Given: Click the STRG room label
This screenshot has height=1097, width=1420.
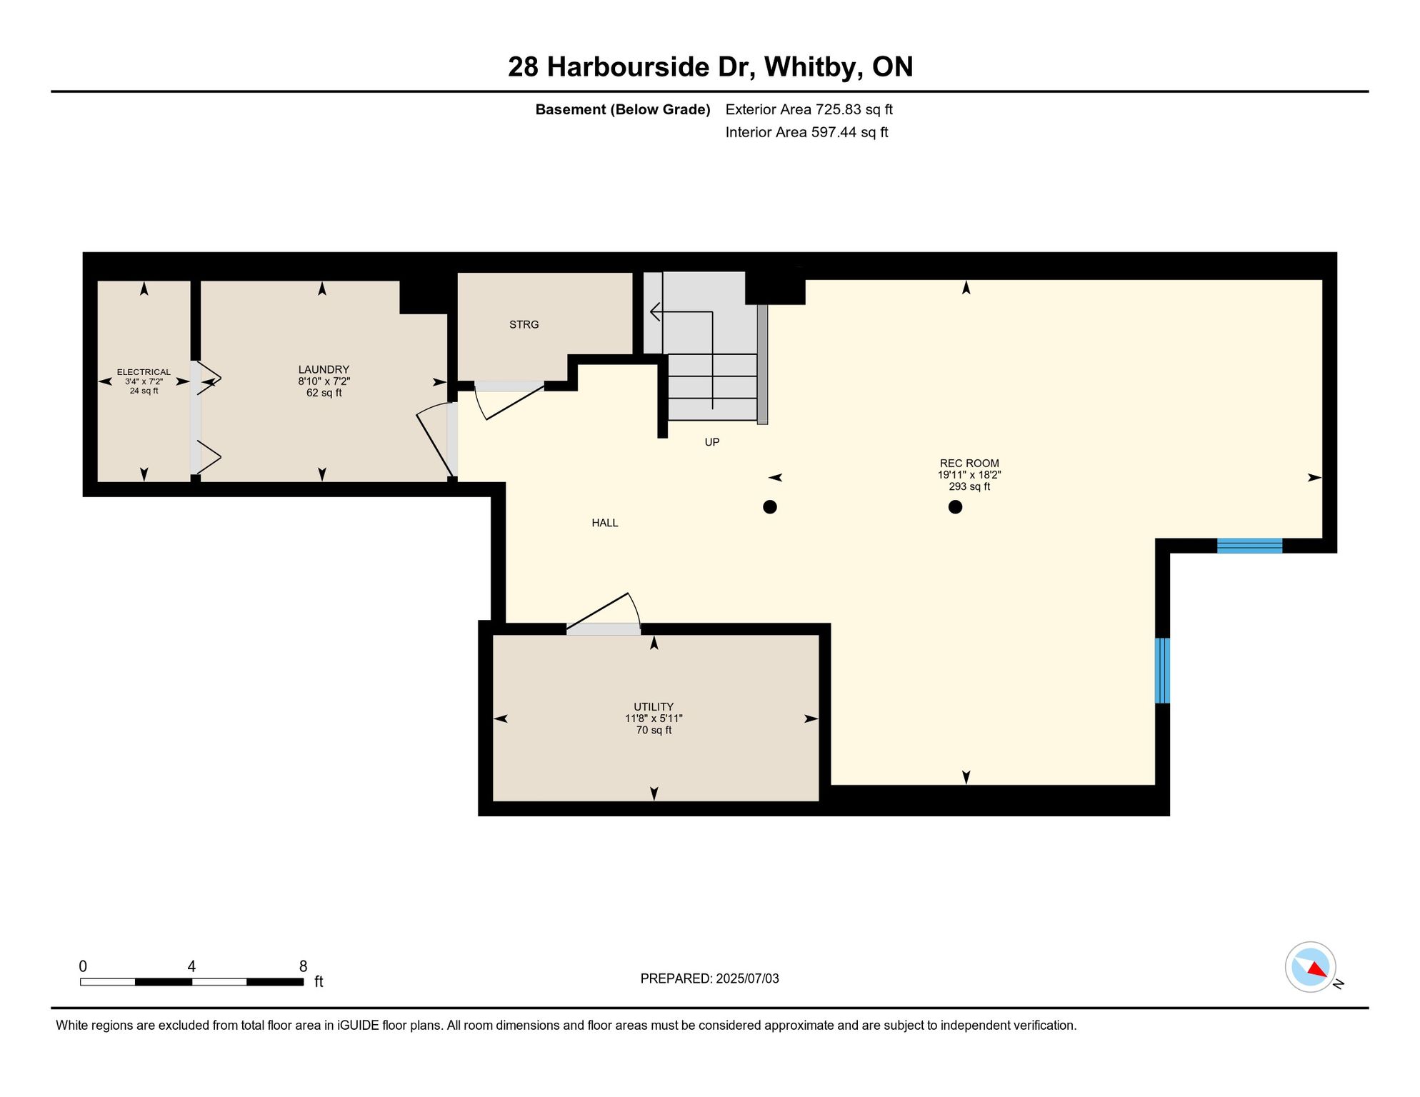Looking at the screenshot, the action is coord(524,325).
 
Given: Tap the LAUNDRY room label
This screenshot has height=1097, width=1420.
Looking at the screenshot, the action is coord(324,370).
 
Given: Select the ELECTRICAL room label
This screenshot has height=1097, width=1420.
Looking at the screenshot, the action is coord(144,372).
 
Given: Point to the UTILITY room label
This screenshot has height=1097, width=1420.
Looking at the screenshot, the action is coord(654,707).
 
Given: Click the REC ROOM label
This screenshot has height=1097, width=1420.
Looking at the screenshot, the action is coord(969,464).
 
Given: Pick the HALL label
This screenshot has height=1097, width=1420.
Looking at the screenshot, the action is coord(605,524).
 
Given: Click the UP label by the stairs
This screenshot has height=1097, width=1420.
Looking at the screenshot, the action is coord(712,443).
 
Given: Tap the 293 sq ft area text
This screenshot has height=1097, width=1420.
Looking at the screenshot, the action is coord(969,487).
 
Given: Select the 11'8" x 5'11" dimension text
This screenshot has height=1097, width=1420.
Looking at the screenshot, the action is coord(654,719).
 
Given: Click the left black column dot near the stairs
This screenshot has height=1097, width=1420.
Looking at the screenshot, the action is coord(770,507).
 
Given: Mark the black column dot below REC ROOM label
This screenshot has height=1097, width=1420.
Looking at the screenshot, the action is coord(955,507).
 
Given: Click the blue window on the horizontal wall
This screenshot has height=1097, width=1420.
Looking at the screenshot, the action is coord(1249,546).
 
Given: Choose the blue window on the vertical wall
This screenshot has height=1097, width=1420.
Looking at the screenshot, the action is coord(1162,671).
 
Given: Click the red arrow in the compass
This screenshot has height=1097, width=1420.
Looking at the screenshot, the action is coord(1317,969).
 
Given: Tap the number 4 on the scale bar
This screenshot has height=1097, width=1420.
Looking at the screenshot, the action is coord(191,966).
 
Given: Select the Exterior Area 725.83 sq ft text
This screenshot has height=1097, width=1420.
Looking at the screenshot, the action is coord(809,110).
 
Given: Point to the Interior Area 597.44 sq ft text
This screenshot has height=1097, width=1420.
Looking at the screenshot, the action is coord(806,133).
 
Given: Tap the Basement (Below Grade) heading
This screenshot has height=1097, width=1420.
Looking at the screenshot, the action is coord(623,110).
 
